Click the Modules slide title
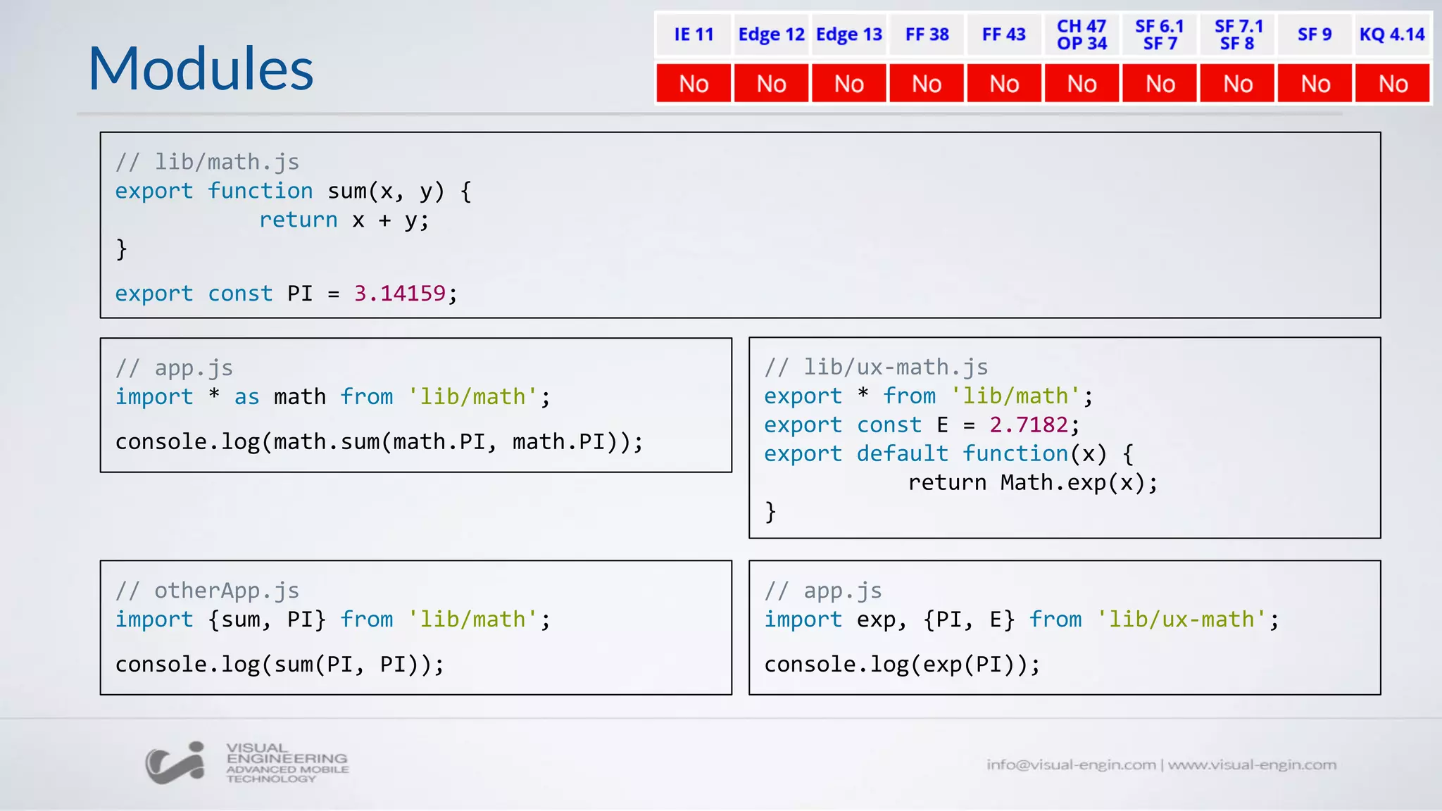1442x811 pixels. pyautogui.click(x=201, y=68)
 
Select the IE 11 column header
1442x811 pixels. pyautogui.click(x=694, y=34)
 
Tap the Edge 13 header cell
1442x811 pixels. pyautogui.click(x=849, y=34)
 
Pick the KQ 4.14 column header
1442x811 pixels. pyautogui.click(x=1392, y=34)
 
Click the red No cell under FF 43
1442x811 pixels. pyautogui.click(x=1004, y=84)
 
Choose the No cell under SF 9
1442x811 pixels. pyautogui.click(x=1315, y=84)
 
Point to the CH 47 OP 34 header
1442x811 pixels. pyautogui.click(x=1081, y=34)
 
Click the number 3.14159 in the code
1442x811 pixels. pyautogui.click(x=399, y=294)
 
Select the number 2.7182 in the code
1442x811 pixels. pyautogui.click(x=1029, y=425)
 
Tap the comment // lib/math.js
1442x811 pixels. pyautogui.click(x=208, y=162)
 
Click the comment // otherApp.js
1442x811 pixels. pyautogui.click(x=208, y=591)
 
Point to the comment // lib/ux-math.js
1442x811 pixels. pyautogui.click(x=877, y=367)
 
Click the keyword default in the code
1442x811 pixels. pyautogui.click(x=902, y=453)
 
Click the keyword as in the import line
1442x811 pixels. pyautogui.click(x=246, y=397)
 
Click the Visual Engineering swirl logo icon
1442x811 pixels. pyautogui.click(x=175, y=762)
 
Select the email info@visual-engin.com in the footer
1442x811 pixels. pyautogui.click(x=1071, y=765)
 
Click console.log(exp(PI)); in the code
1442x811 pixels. pyautogui.click(x=902, y=665)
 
